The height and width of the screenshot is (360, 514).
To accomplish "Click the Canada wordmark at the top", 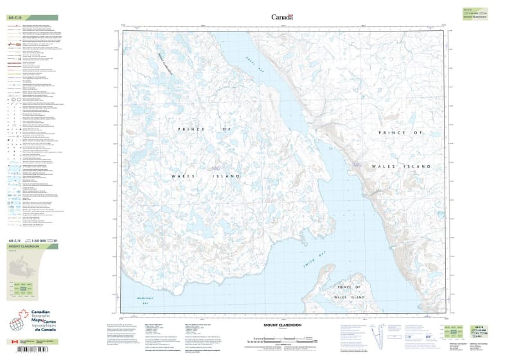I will pos(282,17).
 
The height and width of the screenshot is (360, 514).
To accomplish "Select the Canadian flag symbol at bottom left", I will pos(15,342).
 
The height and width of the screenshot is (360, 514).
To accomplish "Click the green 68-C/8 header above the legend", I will pos(33,17).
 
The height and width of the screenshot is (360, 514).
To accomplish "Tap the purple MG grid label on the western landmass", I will pos(215,168).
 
